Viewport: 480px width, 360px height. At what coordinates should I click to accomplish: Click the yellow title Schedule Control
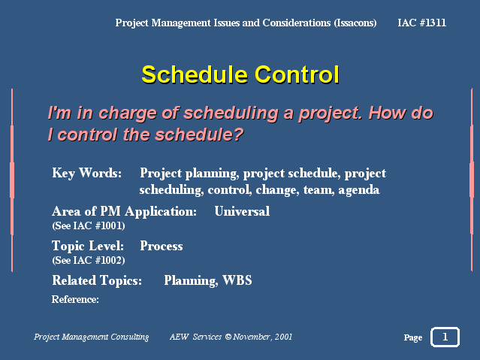(x=240, y=74)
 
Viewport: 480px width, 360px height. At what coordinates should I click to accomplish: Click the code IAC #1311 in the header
(x=422, y=23)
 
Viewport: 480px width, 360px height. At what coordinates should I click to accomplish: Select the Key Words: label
(x=86, y=174)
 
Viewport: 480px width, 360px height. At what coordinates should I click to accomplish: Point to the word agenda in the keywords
(x=359, y=190)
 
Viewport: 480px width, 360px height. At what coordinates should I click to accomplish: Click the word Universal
(x=242, y=211)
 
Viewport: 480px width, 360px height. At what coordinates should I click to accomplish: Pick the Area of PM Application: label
(x=124, y=212)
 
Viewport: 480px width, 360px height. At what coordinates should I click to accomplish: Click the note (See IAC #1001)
(x=89, y=225)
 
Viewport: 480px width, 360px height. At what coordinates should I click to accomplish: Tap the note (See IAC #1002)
(x=89, y=261)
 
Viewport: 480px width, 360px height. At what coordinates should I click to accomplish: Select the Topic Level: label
(x=88, y=246)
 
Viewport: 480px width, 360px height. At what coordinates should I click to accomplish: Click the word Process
(x=162, y=246)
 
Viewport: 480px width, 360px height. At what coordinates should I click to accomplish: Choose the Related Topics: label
(x=97, y=280)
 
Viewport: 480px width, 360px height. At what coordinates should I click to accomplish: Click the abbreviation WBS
(x=237, y=280)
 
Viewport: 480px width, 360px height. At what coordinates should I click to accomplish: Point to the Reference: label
(x=75, y=299)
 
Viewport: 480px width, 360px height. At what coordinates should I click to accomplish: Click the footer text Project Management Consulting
(x=91, y=337)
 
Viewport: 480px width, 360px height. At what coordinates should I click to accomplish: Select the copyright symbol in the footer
(x=228, y=337)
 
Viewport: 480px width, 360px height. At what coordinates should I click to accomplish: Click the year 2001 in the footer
(x=283, y=337)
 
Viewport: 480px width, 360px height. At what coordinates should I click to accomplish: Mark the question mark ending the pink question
(x=237, y=135)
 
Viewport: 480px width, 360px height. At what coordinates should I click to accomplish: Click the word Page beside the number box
(x=413, y=337)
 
